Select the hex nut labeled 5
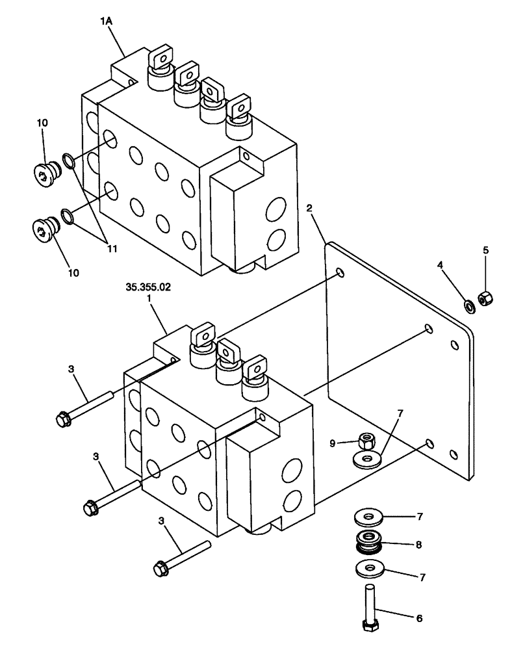pyautogui.click(x=485, y=298)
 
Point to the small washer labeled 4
pyautogui.click(x=468, y=305)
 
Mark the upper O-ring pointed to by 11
pyautogui.click(x=68, y=159)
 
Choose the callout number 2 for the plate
pyautogui.click(x=309, y=209)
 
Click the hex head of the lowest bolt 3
pyautogui.click(x=160, y=569)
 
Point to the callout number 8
pyautogui.click(x=418, y=545)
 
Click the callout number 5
pyautogui.click(x=485, y=250)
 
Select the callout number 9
pyautogui.click(x=334, y=443)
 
